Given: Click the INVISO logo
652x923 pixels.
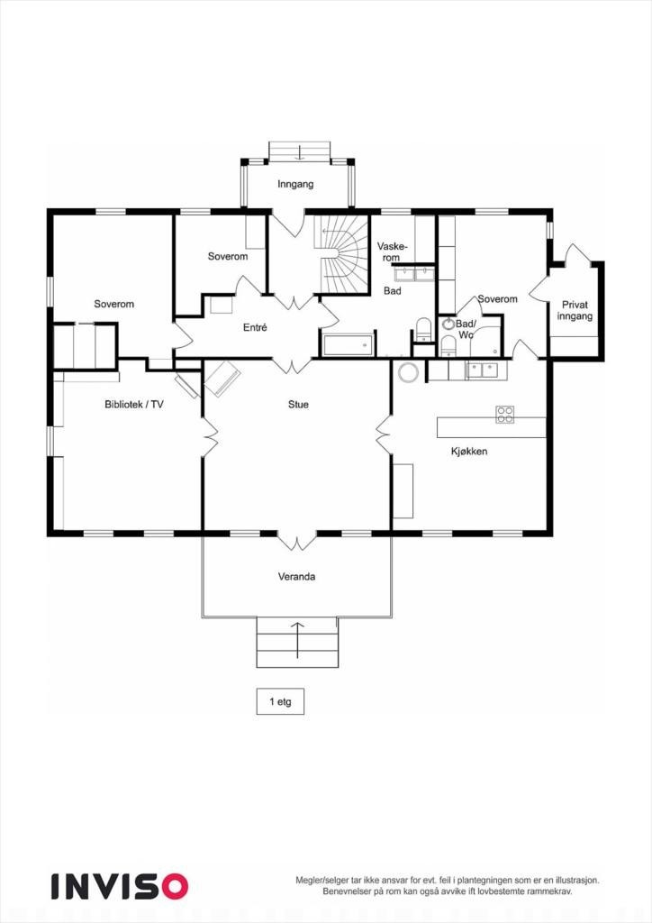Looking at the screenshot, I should click(119, 885).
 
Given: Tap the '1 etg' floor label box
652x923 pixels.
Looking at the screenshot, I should click(280, 700).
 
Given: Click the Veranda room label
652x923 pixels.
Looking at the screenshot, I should click(296, 577).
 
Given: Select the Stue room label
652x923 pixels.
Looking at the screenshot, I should click(298, 405).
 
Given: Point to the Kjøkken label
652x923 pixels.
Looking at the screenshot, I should click(469, 451).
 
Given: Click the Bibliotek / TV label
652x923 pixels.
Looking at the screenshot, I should click(134, 405).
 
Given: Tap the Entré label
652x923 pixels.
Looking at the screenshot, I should click(255, 328).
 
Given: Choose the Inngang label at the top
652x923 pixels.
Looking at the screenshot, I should click(295, 184).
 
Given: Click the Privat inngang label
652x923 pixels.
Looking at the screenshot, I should click(575, 311).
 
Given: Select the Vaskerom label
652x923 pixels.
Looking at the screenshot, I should click(393, 251).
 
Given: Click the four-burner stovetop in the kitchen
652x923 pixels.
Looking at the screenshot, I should click(505, 415).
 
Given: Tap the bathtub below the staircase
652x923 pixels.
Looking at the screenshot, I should click(348, 344).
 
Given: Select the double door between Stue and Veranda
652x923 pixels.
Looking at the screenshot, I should click(296, 538).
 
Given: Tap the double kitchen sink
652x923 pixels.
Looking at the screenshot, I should click(479, 369).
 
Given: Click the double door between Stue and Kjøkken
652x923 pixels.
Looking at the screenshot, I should click(385, 435).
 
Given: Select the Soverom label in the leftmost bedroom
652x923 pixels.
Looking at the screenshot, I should click(113, 304).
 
